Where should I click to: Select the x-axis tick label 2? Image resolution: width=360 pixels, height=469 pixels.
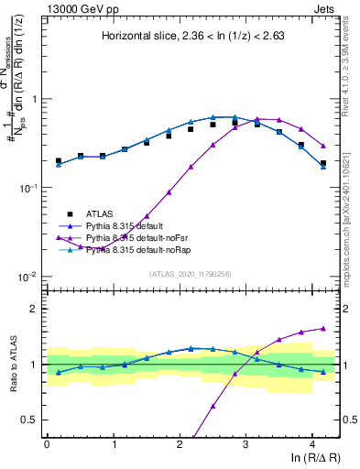(180, 442)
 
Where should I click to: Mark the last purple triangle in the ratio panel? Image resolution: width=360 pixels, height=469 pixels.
(323, 328)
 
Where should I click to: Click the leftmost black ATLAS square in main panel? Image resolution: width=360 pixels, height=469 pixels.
(59, 160)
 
